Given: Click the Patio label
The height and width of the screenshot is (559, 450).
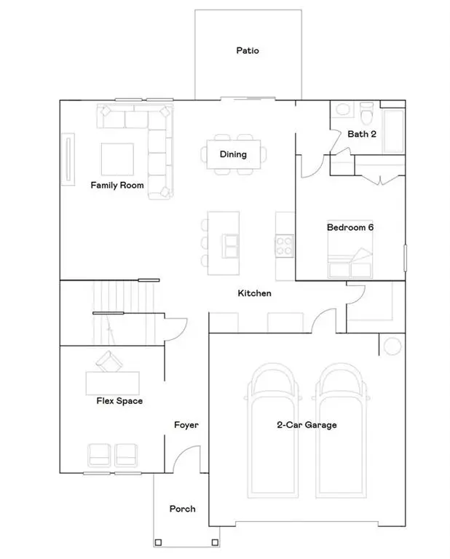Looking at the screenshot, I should (x=248, y=51).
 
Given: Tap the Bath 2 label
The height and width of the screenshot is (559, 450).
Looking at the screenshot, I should (x=362, y=134).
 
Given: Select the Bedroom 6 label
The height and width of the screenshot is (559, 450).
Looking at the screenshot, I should (x=350, y=227).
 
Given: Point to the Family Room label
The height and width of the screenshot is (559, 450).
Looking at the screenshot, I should (x=117, y=186).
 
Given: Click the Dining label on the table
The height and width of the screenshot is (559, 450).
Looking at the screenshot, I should (x=233, y=154).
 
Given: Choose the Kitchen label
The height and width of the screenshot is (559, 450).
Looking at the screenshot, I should (x=255, y=293).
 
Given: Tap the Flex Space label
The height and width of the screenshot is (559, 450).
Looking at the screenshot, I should (x=119, y=401).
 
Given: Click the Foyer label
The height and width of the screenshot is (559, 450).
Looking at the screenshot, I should (x=186, y=425).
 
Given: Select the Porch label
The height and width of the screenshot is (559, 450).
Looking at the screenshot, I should (x=182, y=509).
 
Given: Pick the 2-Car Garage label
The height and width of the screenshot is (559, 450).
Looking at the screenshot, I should (x=306, y=425).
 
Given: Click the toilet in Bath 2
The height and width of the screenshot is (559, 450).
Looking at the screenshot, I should (x=367, y=114).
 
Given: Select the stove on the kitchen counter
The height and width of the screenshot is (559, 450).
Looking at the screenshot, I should (x=284, y=245).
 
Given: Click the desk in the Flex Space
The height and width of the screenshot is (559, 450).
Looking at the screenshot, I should (x=112, y=383).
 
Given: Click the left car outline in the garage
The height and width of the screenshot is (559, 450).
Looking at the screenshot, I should (x=272, y=429).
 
